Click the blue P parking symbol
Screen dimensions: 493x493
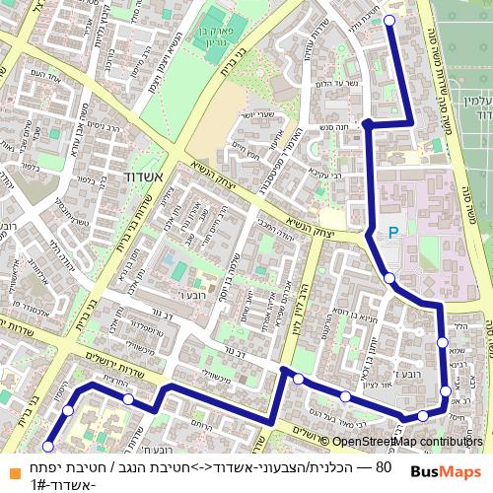393,233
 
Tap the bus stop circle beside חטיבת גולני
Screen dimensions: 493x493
388,20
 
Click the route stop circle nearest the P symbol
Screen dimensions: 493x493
389,277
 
